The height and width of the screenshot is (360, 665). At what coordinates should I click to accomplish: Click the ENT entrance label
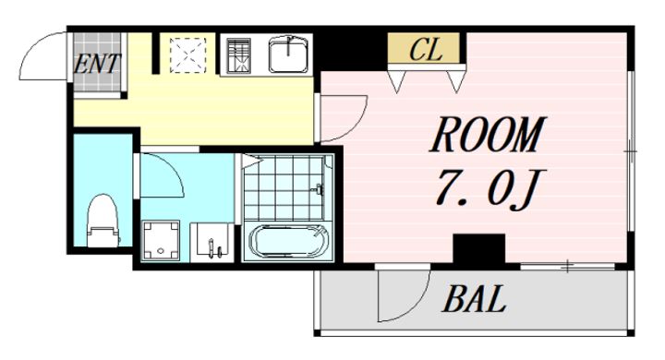97,64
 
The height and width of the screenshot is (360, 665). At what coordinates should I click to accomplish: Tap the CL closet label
426,49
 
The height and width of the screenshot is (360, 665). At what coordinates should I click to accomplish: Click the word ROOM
488,135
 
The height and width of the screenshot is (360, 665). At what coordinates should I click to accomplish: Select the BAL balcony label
474,299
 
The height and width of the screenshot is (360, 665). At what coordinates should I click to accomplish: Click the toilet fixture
103,221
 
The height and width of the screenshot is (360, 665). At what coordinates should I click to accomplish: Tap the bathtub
287,242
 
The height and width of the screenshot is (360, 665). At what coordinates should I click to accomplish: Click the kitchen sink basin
288,54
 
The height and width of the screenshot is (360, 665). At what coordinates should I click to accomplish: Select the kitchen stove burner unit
238,56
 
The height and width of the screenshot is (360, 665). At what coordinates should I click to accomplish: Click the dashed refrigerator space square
187,55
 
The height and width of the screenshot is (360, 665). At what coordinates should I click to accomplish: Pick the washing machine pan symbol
161,240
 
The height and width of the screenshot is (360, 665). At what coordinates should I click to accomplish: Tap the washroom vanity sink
212,242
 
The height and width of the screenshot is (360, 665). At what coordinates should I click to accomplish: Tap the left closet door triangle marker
397,81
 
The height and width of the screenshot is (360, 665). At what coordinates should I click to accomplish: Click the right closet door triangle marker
456,81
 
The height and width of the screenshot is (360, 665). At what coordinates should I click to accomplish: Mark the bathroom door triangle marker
252,161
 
